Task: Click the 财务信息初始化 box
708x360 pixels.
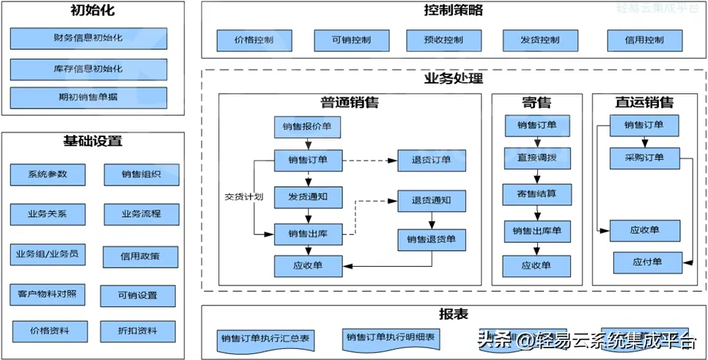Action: pyautogui.click(x=88, y=38)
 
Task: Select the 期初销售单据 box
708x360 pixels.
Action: pyautogui.click(x=88, y=98)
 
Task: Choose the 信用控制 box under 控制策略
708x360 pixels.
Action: pyautogui.click(x=645, y=40)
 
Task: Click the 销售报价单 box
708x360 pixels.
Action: pyautogui.click(x=308, y=127)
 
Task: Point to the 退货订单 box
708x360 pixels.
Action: pyautogui.click(x=431, y=160)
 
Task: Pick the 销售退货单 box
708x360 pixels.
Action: pyautogui.click(x=431, y=239)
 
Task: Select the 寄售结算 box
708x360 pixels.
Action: pyautogui.click(x=538, y=194)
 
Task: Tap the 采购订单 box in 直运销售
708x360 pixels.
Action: pyautogui.click(x=644, y=158)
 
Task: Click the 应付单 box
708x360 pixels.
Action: pyautogui.click(x=647, y=261)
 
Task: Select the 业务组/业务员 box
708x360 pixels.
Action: pyautogui.click(x=48, y=255)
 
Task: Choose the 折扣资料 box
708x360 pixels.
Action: pyautogui.click(x=138, y=331)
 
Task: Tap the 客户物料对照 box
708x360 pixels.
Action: pyautogui.click(x=48, y=294)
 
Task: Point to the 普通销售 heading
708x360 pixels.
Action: pyautogui.click(x=350, y=103)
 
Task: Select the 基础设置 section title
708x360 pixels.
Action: pyautogui.click(x=92, y=142)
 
